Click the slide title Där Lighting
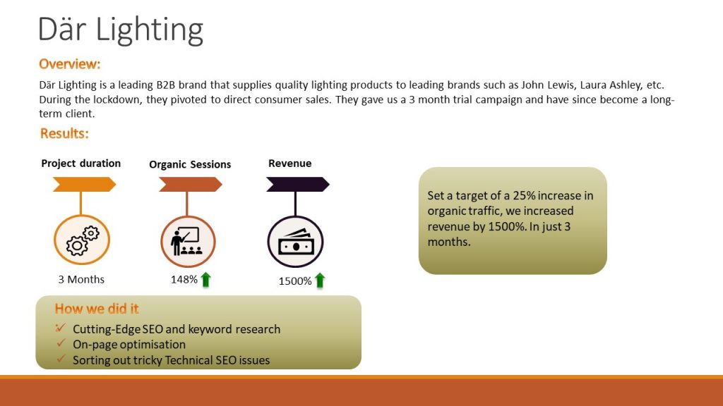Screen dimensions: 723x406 pos(120,30)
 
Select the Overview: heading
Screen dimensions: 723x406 pos(70,64)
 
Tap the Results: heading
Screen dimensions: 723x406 pos(64,133)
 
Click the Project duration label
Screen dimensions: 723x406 pos(80,164)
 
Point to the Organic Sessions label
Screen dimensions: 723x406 pos(190,165)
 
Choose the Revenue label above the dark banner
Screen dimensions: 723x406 pos(290,164)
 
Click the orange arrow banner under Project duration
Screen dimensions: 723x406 pos(85,185)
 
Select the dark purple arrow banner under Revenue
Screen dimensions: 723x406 pos(298,185)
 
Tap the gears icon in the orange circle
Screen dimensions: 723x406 pos(83,240)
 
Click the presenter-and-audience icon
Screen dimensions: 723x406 pos(186,241)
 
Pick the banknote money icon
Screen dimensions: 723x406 pos(296,242)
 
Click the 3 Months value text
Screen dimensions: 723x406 pos(81,279)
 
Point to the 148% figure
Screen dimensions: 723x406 pos(184,279)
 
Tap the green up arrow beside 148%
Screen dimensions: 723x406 pos(205,279)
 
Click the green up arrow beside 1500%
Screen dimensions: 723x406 pos(320,281)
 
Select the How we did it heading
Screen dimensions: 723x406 pos(97,309)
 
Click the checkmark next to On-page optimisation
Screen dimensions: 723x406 pos(61,343)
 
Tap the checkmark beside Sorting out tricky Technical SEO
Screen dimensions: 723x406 pos(61,359)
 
